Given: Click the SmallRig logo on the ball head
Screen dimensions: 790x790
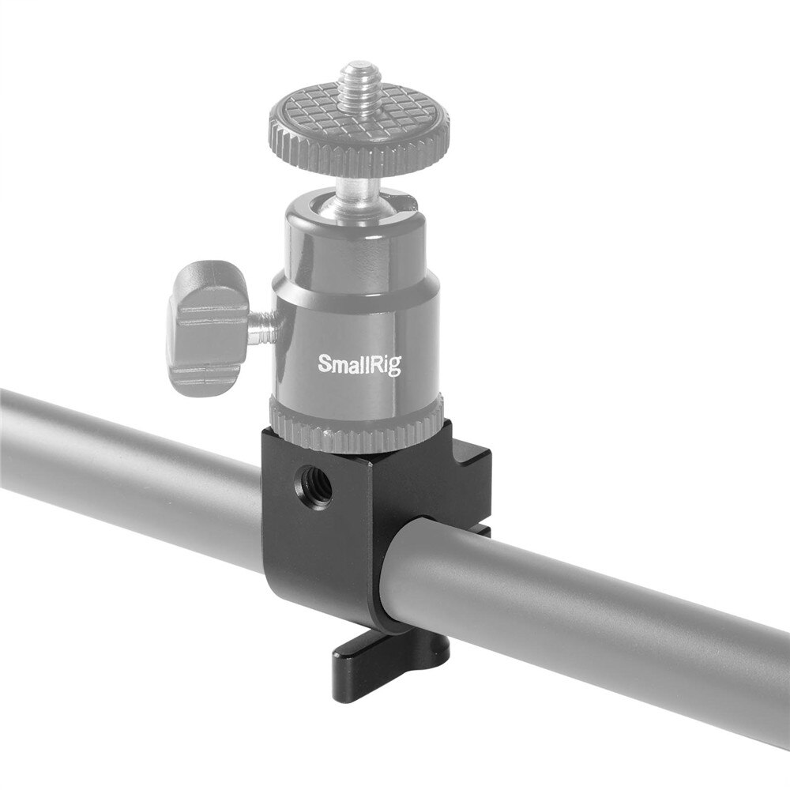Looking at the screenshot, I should pyautogui.click(x=359, y=363).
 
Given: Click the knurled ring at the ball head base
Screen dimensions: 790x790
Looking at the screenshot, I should pyautogui.click(x=355, y=427).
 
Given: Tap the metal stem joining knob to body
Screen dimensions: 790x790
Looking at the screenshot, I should pyautogui.click(x=261, y=324).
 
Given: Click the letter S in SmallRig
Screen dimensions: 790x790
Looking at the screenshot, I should pyautogui.click(x=324, y=363).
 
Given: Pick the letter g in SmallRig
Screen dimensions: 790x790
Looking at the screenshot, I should pyautogui.click(x=394, y=367).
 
